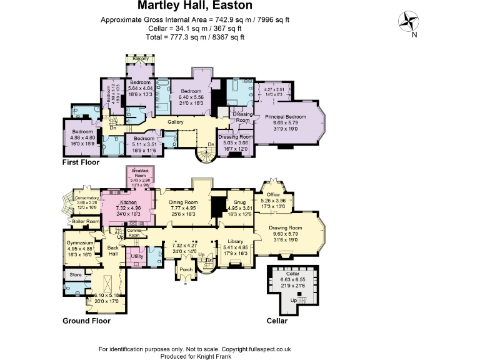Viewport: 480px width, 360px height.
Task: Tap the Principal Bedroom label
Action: click(x=285, y=117)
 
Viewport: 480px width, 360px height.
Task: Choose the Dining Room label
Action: click(x=183, y=202)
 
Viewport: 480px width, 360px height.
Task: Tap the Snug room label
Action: click(x=239, y=202)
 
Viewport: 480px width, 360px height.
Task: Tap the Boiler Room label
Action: click(x=86, y=221)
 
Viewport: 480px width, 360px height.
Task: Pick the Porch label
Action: click(x=186, y=270)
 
